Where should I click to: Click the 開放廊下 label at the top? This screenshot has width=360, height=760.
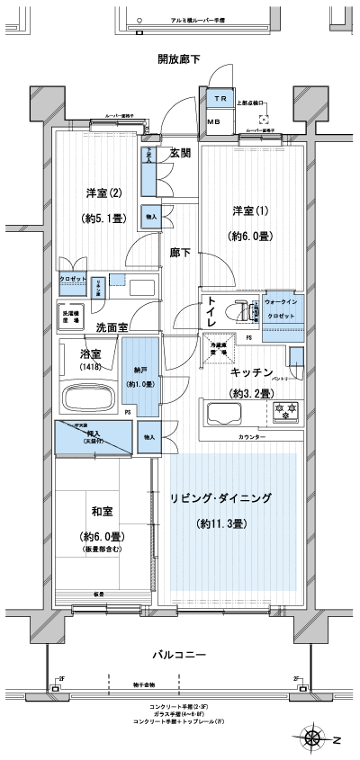click(x=178, y=60)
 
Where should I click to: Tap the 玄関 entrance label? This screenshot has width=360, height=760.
click(x=180, y=153)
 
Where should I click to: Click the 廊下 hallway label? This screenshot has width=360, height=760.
click(x=180, y=254)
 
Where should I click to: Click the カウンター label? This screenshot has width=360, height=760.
click(x=252, y=435)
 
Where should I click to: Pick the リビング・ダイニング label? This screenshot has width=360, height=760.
click(x=232, y=497)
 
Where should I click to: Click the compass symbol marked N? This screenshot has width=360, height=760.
click(x=316, y=739)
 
